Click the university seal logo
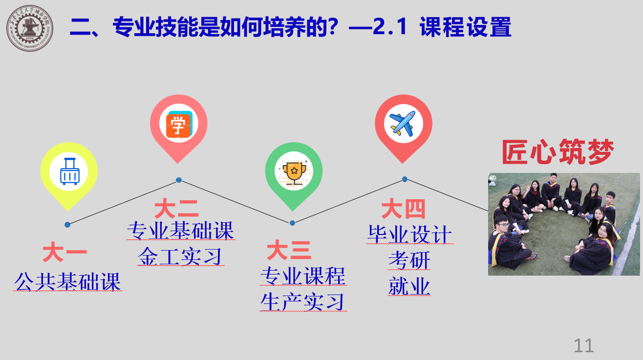coord(30,28)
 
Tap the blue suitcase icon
coord(70,171)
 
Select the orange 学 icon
coord(179,124)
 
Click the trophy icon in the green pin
coord(294,173)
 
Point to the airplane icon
coord(403,123)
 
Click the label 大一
coord(64,252)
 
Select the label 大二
coord(176,209)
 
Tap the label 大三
coord(289,250)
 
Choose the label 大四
coord(403,209)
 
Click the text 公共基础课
coord(67,281)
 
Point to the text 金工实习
coord(180,256)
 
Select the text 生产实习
coord(303,302)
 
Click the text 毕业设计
coord(410,234)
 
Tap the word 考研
coord(409,260)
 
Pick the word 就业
coord(409,286)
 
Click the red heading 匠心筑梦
coord(558,151)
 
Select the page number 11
coord(583,345)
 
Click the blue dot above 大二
coord(179,180)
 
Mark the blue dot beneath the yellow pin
coord(67,225)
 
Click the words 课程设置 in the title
coord(465,27)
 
